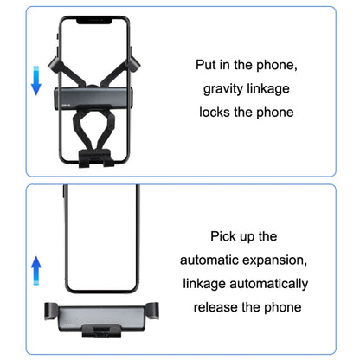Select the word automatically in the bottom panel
pos(263,283)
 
